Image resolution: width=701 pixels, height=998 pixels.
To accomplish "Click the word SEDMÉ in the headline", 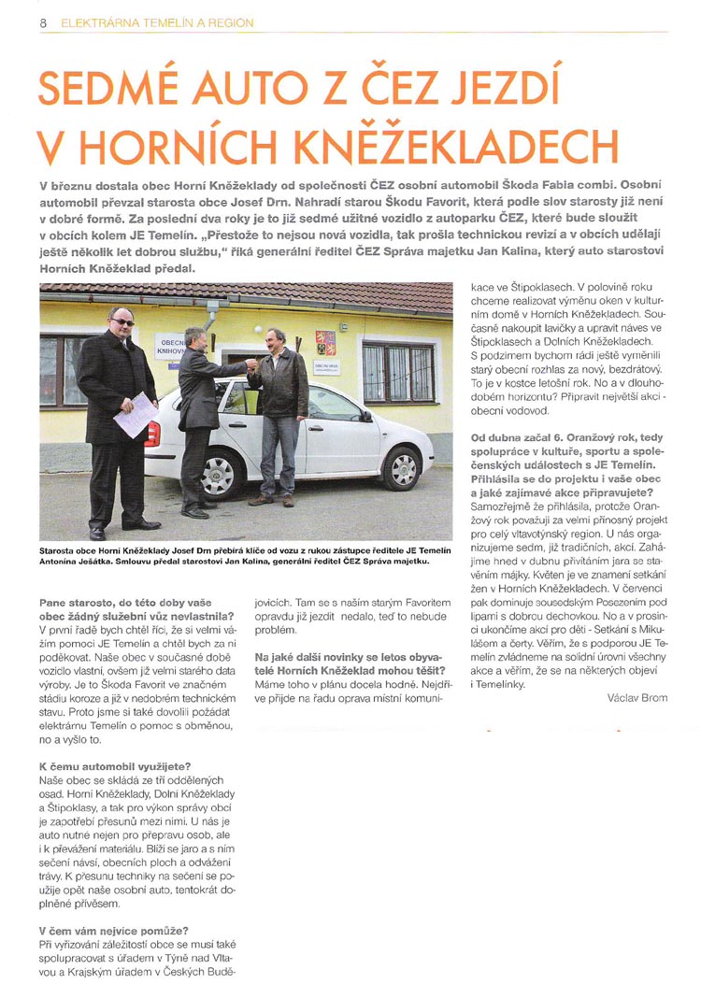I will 110,88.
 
